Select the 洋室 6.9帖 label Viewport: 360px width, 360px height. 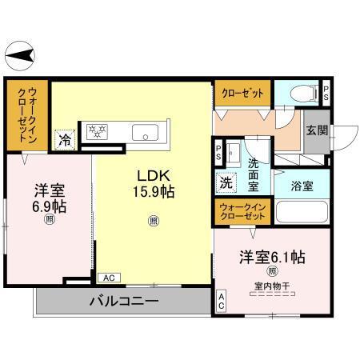tap(49, 198)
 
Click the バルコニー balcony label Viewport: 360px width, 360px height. tap(123, 302)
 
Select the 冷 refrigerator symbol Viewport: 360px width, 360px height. tap(64, 138)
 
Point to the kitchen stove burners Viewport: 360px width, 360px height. tap(97, 130)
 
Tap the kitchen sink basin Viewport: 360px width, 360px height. tap(145, 131)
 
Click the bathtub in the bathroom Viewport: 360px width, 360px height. tap(302, 212)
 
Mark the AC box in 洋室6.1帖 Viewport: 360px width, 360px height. tap(221, 302)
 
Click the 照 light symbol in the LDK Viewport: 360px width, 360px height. tap(153, 221)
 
